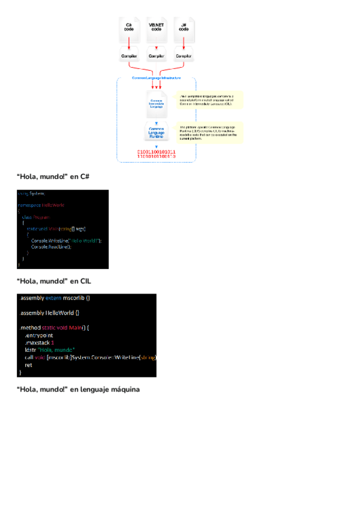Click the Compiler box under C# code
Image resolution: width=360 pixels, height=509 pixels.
129,56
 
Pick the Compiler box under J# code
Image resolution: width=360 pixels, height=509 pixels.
183,56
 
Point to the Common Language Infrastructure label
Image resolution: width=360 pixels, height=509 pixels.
156,79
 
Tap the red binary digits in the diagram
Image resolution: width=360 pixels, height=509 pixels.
156,154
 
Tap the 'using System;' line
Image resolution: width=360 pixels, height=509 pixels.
31,193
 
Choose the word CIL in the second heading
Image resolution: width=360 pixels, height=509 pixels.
85,281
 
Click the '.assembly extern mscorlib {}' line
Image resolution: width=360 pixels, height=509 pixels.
55,298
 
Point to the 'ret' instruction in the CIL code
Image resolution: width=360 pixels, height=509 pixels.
28,364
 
